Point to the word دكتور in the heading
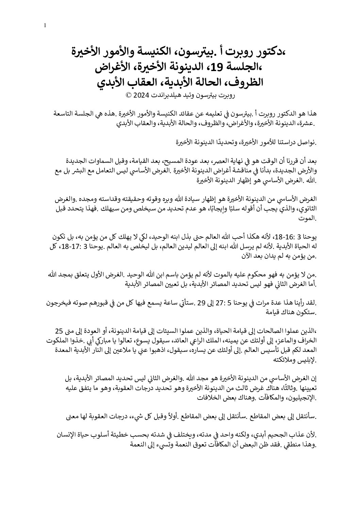coord(264,53)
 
